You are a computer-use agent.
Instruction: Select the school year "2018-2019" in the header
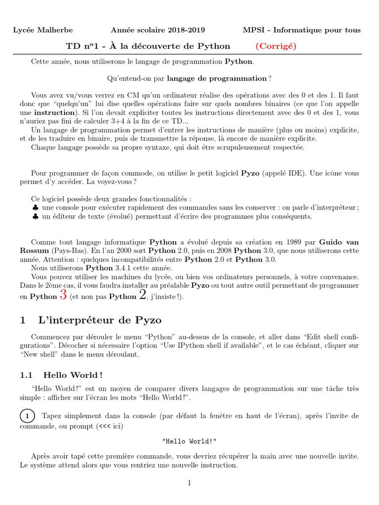click(x=186, y=30)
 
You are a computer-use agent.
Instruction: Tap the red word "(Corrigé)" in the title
click(x=275, y=46)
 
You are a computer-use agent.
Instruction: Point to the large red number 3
click(x=63, y=295)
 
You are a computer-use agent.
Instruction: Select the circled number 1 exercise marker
click(x=28, y=416)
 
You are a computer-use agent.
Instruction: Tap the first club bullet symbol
click(x=35, y=208)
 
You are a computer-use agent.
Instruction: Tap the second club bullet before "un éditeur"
click(x=35, y=216)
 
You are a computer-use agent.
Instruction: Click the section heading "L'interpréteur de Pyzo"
click(x=100, y=320)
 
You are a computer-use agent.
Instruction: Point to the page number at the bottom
click(x=189, y=483)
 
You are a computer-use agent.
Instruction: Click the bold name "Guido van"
click(x=339, y=242)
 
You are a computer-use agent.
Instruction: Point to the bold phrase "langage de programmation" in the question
click(x=217, y=78)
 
